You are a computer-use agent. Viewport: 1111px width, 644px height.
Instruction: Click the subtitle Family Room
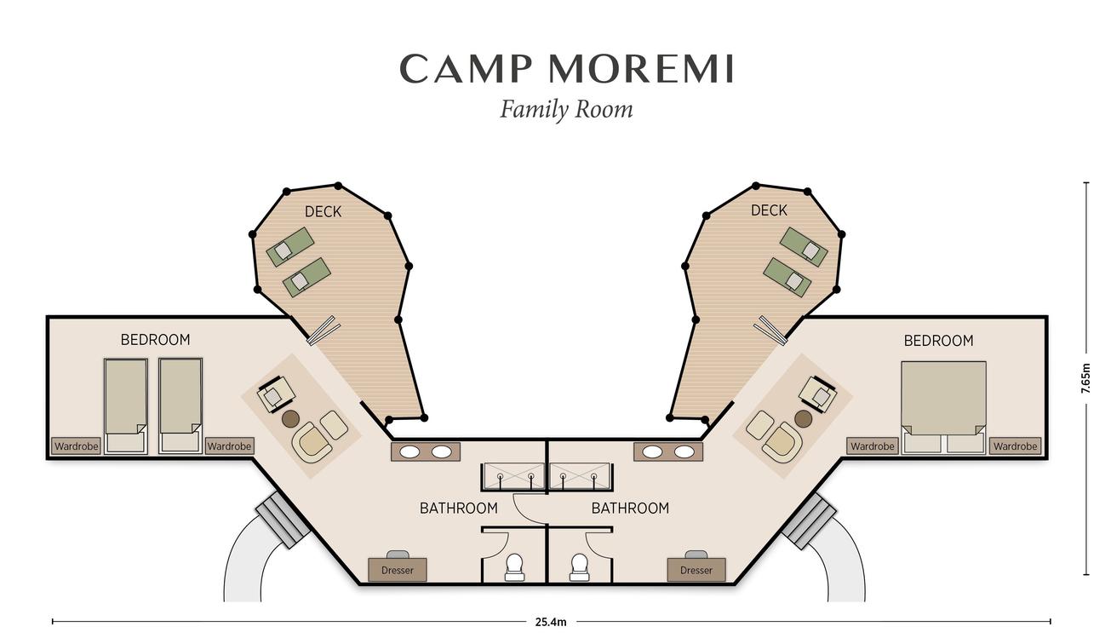click(x=566, y=110)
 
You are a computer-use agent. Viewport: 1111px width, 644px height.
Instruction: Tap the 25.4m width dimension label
click(x=551, y=622)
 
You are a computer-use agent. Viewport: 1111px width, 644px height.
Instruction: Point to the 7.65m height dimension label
click(x=1086, y=378)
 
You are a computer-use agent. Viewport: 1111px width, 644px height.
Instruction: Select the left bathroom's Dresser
click(x=398, y=570)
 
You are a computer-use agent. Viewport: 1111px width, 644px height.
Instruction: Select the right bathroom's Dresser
click(x=696, y=570)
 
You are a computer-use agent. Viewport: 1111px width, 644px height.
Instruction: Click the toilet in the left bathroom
click(x=514, y=567)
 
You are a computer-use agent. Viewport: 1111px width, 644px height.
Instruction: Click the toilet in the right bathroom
click(x=579, y=567)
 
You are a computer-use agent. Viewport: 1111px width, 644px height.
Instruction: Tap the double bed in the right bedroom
click(x=943, y=407)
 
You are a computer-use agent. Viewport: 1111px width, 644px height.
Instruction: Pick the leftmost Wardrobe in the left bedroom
click(x=77, y=446)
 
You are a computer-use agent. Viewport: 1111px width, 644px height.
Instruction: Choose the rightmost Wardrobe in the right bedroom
click(x=1016, y=446)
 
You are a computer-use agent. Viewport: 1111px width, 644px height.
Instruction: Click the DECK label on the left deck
click(x=323, y=212)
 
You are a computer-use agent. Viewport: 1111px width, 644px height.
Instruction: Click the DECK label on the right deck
click(x=769, y=210)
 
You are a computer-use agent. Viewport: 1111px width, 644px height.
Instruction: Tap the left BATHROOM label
click(x=459, y=508)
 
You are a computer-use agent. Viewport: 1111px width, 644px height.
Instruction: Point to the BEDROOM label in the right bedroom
click(x=938, y=341)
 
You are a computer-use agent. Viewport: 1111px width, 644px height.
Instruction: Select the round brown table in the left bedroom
click(x=290, y=419)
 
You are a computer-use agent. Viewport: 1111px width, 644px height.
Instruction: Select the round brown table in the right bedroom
click(x=803, y=419)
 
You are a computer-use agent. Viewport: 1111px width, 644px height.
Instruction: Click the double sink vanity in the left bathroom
click(x=426, y=451)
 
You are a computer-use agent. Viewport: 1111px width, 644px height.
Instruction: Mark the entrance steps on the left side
click(x=283, y=520)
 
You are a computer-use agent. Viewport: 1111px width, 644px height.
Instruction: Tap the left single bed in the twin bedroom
click(x=125, y=405)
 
